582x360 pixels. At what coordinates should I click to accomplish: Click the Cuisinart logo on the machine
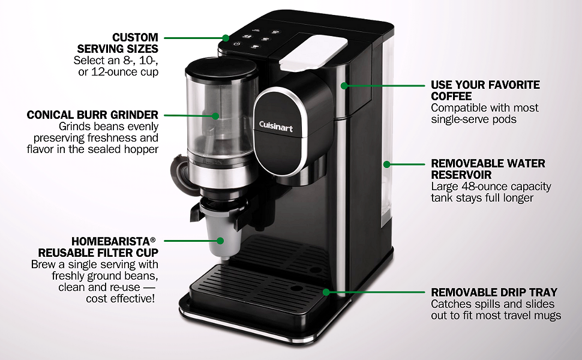coord(275,126)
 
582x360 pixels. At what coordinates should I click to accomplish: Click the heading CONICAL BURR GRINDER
coord(92,115)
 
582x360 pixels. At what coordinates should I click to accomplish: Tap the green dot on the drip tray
coord(326,292)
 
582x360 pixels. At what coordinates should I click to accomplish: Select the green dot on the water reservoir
coord(387,164)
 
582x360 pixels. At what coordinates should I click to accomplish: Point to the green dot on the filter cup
coord(220,241)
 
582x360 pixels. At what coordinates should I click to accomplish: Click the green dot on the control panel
coord(226,38)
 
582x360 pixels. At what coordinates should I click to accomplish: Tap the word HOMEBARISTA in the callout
coord(110,241)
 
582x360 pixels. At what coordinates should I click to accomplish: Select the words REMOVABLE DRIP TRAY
coord(494,292)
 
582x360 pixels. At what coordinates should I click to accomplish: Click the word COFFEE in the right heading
coord(451,96)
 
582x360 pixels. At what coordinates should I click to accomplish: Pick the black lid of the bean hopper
coord(221,69)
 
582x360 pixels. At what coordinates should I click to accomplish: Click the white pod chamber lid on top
coord(314,52)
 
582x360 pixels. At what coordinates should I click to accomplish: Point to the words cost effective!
coord(120,298)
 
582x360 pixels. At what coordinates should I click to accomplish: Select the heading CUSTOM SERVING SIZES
coord(118,43)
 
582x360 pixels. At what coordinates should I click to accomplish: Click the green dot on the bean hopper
coord(215,116)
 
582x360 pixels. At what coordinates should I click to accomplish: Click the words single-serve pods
coord(473,119)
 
